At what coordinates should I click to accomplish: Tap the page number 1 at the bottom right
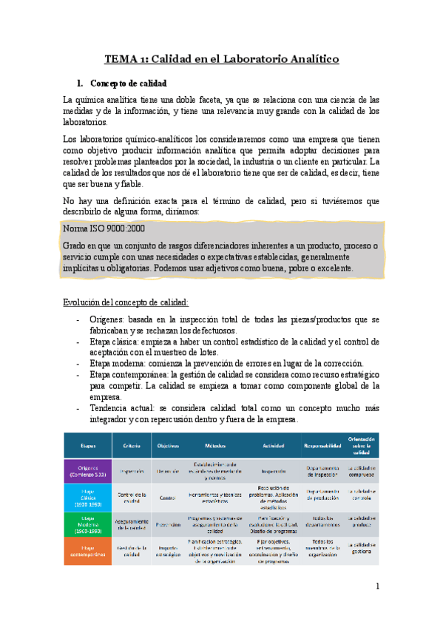(377, 586)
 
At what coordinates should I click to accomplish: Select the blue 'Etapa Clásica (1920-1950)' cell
(88, 496)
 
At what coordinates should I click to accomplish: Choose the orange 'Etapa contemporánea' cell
(88, 549)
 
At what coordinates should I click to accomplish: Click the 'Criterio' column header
(132, 445)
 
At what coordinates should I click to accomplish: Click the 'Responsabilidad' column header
(322, 445)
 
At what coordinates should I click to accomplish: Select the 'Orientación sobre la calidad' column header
(362, 444)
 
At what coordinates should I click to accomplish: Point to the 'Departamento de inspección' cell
(322, 470)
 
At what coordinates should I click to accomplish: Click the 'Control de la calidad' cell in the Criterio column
(132, 496)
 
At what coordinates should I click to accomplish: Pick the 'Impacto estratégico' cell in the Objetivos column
(169, 551)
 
